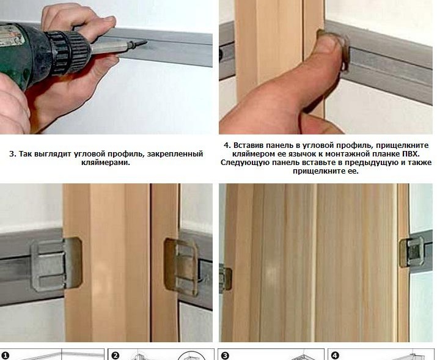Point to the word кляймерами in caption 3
point(106,163)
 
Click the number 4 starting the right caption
point(227,145)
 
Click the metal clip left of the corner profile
point(56,263)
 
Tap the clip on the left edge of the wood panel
point(225,279)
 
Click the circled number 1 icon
point(6,356)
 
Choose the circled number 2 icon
point(115,356)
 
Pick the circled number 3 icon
point(225,356)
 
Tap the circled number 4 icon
point(335,356)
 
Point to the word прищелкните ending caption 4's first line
point(402,145)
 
